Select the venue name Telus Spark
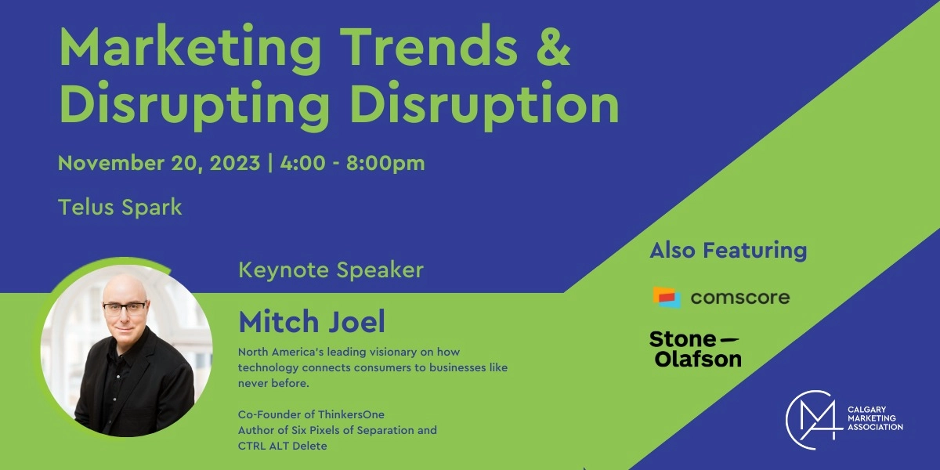pos(120,208)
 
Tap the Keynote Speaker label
pos(331,270)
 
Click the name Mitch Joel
pos(312,321)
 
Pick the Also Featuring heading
pos(728,251)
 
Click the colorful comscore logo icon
pos(667,298)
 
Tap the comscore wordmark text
pos(739,298)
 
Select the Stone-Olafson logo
pos(695,349)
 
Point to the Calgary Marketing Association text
pos(875,418)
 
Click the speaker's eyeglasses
pos(124,307)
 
